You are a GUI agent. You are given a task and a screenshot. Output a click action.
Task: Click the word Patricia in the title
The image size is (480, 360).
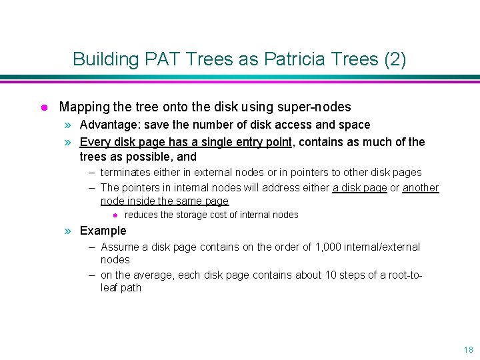pyautogui.click(x=291, y=59)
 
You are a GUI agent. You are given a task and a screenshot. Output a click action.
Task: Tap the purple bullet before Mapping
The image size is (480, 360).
pyautogui.click(x=43, y=107)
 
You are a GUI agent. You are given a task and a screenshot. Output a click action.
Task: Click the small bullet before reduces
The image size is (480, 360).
pyautogui.click(x=115, y=215)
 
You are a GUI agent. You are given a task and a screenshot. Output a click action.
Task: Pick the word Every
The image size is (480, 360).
pyautogui.click(x=94, y=141)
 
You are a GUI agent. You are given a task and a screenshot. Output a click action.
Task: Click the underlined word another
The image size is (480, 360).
pyautogui.click(x=421, y=187)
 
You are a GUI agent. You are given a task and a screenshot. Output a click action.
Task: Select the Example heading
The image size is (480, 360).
pyautogui.click(x=103, y=231)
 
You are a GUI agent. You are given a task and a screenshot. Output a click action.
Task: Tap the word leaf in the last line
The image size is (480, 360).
pyautogui.click(x=109, y=288)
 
